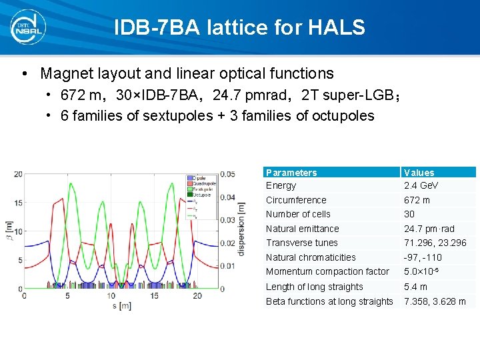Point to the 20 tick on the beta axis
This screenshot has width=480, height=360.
(18, 174)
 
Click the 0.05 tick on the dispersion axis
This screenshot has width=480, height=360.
(227, 174)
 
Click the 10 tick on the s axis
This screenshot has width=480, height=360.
(111, 296)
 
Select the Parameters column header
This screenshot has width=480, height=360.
(291, 172)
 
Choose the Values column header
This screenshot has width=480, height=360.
(419, 172)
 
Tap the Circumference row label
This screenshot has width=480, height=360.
(296, 200)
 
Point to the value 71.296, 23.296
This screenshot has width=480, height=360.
(435, 243)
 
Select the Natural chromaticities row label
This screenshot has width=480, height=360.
(311, 257)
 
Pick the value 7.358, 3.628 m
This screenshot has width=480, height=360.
(435, 301)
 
